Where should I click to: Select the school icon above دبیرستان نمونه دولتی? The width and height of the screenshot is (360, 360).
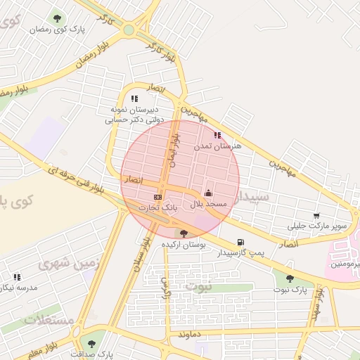[x=134, y=99]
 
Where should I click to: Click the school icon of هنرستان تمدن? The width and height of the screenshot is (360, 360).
[x=217, y=135]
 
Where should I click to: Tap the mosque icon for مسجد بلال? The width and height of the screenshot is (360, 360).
[x=207, y=193]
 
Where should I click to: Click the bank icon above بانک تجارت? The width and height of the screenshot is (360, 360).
[x=157, y=197]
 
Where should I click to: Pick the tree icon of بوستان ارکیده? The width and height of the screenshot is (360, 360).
[x=184, y=233]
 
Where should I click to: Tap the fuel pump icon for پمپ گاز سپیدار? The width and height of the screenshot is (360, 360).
[x=241, y=242]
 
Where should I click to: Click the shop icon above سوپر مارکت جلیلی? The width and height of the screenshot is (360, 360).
[x=316, y=216]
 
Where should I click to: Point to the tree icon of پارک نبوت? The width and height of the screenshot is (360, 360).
[x=289, y=278]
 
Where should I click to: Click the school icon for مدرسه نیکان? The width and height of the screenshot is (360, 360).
[x=17, y=277]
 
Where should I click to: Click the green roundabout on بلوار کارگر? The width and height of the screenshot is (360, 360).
[x=129, y=30]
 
